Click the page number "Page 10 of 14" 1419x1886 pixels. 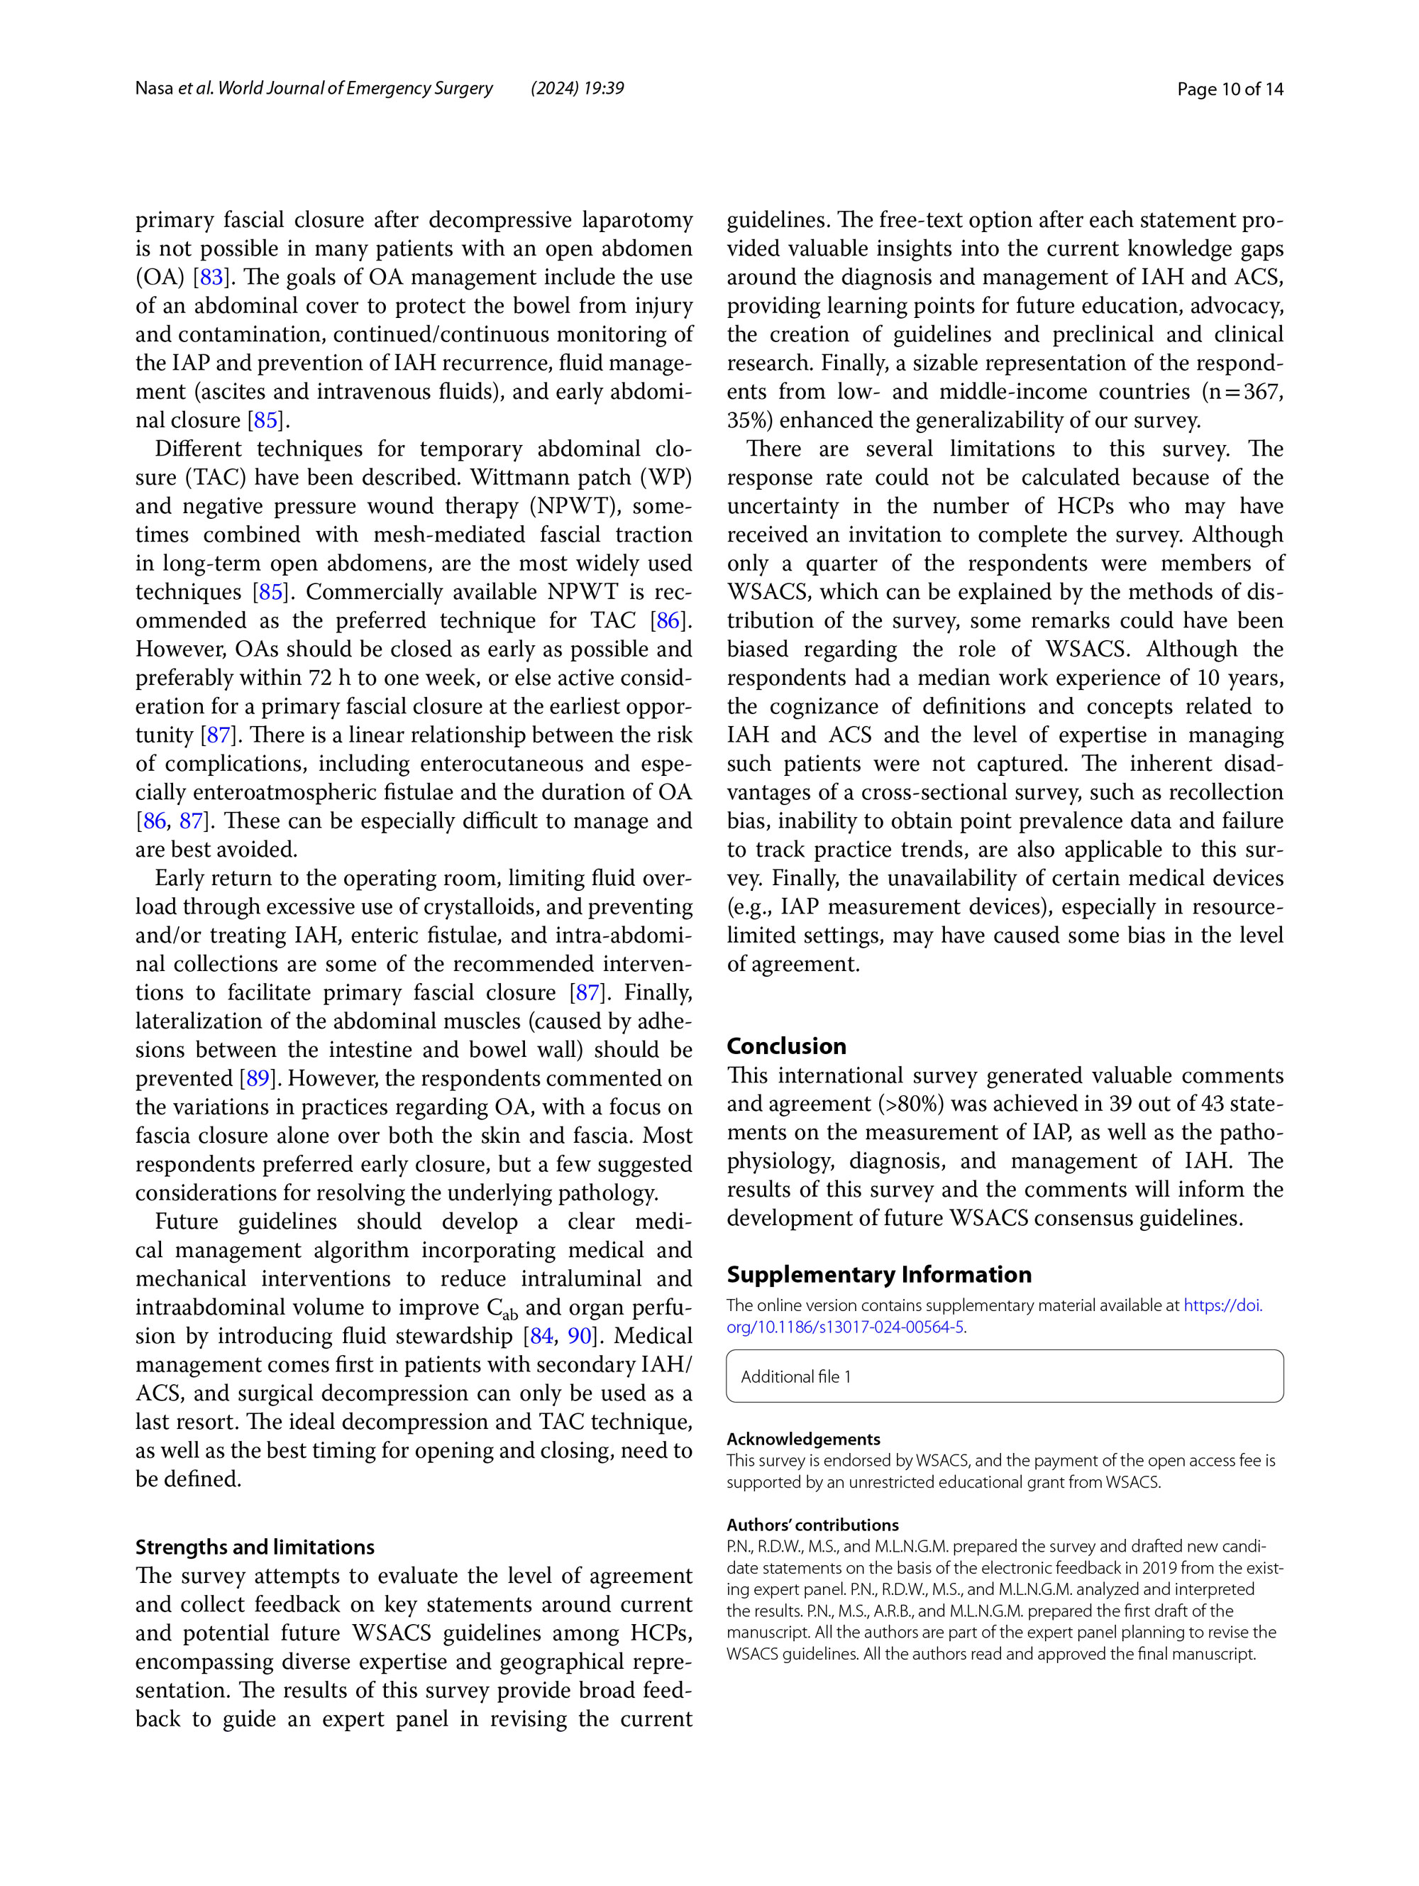[1229, 89]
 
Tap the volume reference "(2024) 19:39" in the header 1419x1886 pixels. [577, 88]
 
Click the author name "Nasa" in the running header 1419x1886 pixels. [153, 88]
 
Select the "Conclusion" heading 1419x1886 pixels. [786, 1046]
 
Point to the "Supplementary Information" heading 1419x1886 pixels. [878, 1275]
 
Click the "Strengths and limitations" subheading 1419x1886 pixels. [255, 1547]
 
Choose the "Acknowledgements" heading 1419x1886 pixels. [803, 1440]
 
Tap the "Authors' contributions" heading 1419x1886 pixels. [812, 1525]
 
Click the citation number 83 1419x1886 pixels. [211, 277]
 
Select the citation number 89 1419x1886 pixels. [258, 1078]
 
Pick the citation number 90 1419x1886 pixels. [580, 1336]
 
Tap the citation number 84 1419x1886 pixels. [541, 1336]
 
